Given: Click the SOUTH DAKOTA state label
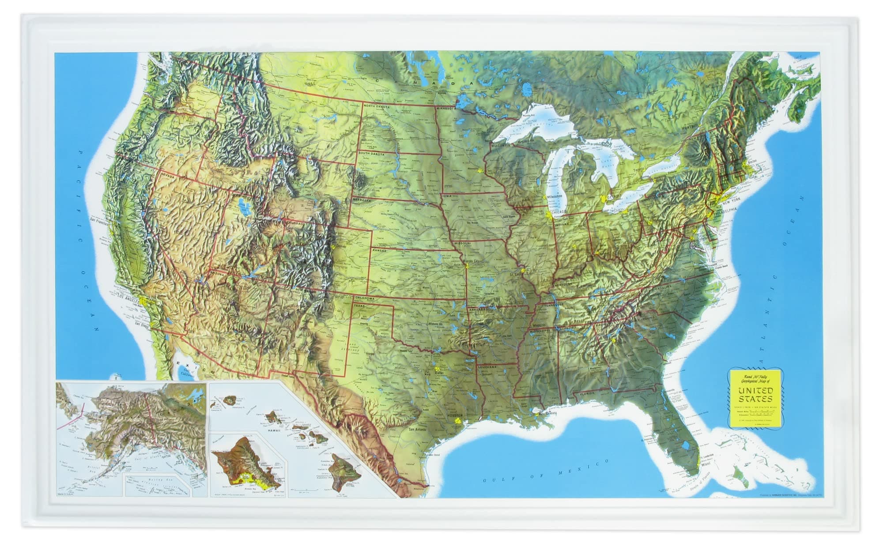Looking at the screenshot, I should [x=372, y=141].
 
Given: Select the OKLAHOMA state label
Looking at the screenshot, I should [x=364, y=298].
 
